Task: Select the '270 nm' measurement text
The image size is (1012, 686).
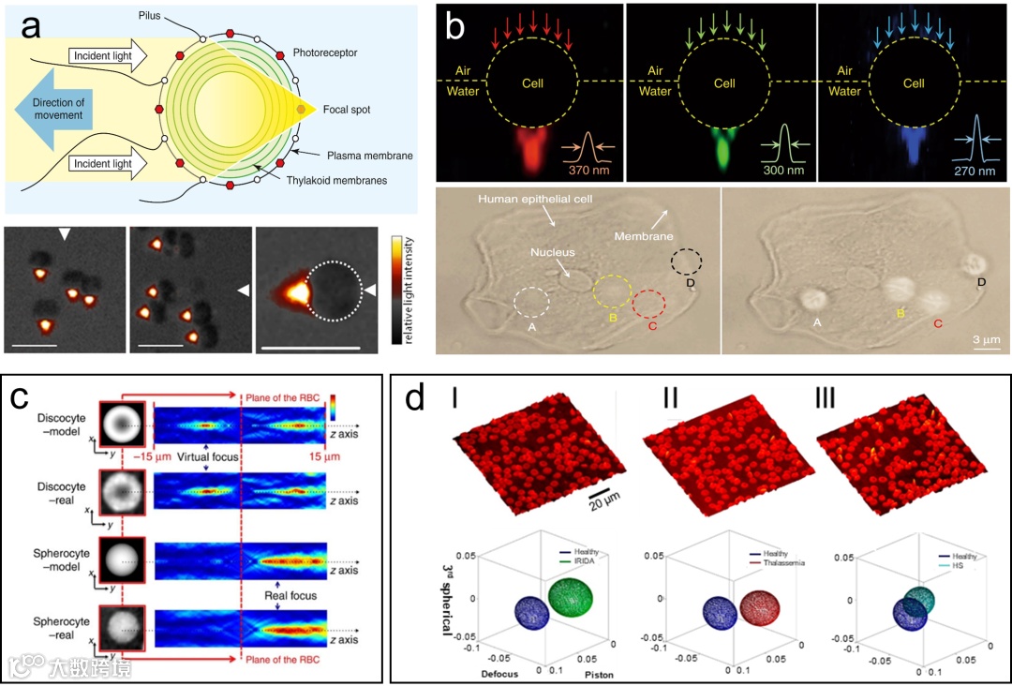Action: click(x=970, y=171)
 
